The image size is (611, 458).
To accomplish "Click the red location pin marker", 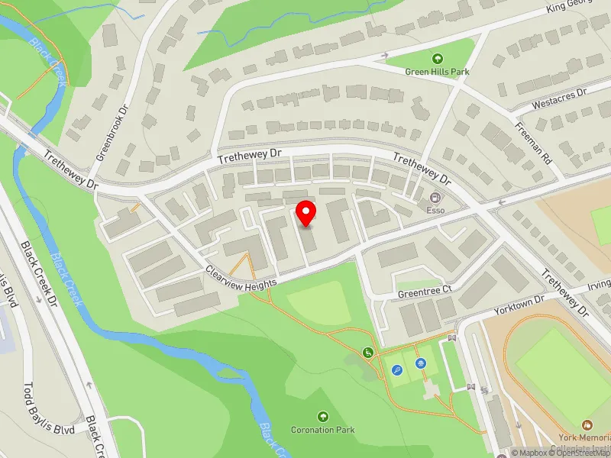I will click(x=306, y=214).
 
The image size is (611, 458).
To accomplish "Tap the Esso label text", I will click(x=435, y=210).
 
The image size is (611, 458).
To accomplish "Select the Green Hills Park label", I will click(x=437, y=72).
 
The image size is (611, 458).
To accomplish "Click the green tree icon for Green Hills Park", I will click(x=437, y=58).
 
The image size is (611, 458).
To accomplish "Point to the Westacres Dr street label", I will click(x=558, y=98).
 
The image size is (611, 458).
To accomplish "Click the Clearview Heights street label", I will click(x=241, y=276).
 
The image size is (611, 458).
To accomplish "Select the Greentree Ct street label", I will click(x=425, y=291).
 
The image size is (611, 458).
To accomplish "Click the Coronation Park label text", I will click(x=323, y=430).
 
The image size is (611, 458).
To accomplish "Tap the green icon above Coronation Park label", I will click(x=323, y=416).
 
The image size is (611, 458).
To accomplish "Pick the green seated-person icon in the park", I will click(x=368, y=353).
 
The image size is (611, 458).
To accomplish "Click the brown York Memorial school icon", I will click(x=587, y=424).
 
